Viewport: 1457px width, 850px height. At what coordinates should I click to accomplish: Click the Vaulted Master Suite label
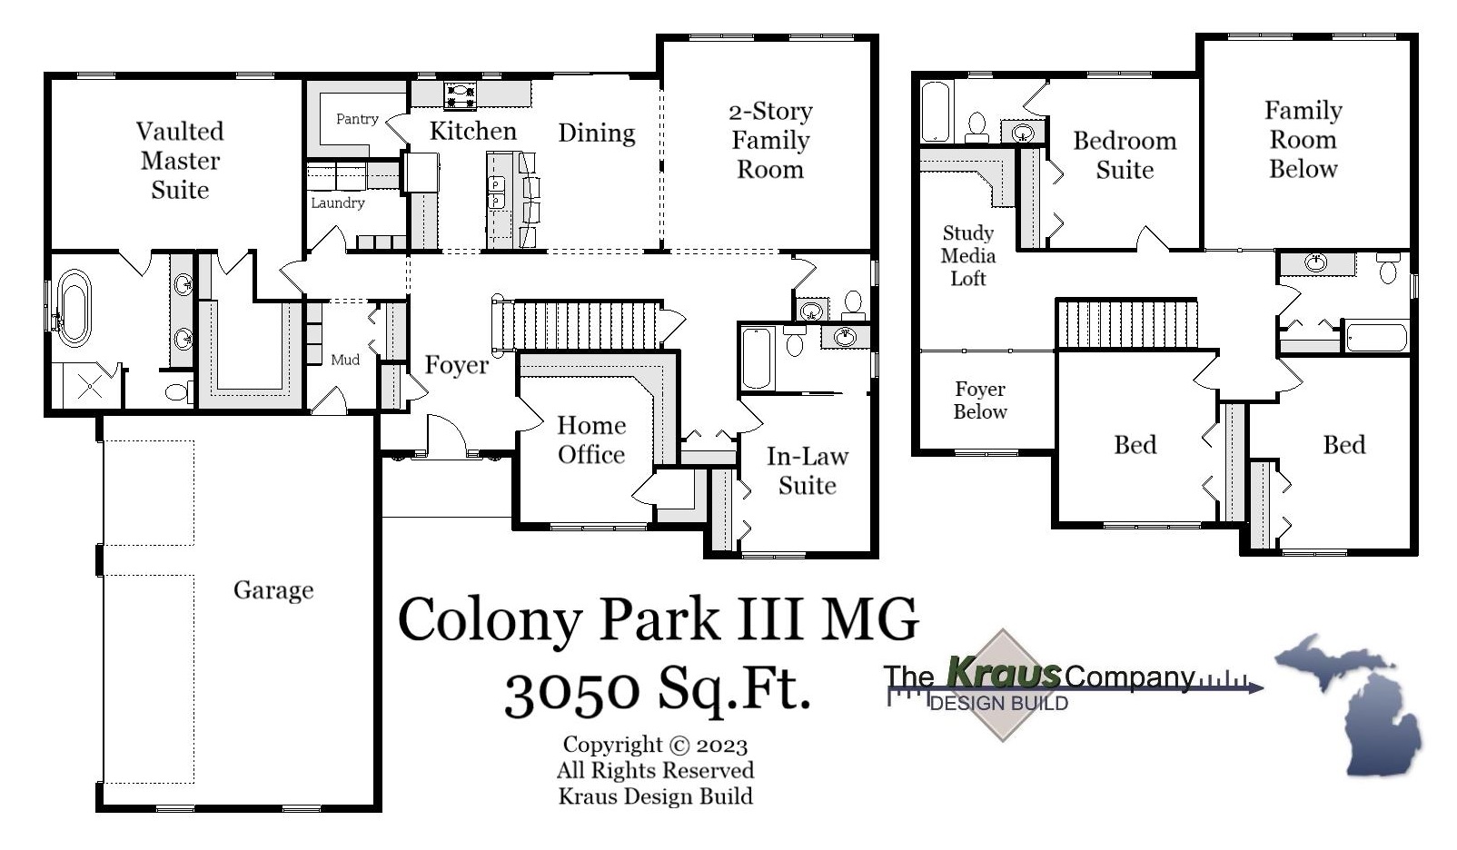tap(180, 161)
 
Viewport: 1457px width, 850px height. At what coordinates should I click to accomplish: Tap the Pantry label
tap(357, 119)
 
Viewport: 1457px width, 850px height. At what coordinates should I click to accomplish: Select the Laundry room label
tap(338, 203)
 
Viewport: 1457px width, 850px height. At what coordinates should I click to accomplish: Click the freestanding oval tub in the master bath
tap(74, 308)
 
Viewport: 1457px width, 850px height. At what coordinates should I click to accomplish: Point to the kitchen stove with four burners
tap(460, 95)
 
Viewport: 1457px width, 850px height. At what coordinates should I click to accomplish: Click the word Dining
tap(596, 133)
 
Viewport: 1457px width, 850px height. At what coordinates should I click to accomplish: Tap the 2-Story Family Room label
tap(770, 141)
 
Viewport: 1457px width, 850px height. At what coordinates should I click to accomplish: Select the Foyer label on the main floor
tap(456, 365)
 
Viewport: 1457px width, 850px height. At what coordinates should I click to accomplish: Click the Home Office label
tap(591, 440)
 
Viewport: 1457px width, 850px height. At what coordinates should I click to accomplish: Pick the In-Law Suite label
tap(807, 470)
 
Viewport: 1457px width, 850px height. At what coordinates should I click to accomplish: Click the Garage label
tap(273, 590)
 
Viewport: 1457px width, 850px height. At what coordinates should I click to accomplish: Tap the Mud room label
tap(345, 360)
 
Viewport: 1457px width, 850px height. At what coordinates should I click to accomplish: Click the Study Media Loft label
tap(967, 256)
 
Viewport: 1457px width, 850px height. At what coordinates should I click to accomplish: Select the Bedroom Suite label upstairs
tap(1125, 155)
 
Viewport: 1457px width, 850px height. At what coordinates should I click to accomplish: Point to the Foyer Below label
tap(980, 400)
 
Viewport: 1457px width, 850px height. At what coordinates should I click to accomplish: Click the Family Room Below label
tap(1303, 140)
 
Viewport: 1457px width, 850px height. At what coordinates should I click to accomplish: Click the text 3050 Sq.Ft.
tap(657, 692)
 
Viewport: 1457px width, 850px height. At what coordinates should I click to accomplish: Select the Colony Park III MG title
tap(658, 620)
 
